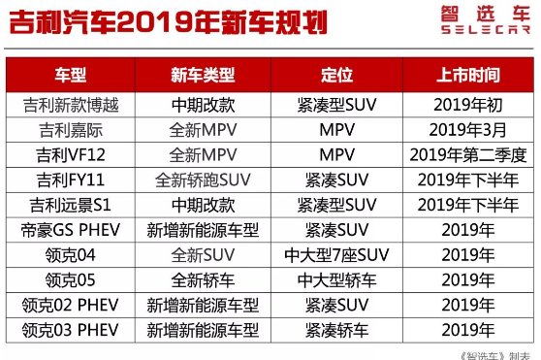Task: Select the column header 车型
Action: tap(70, 75)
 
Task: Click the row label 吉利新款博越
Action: tap(70, 104)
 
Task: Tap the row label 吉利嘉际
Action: tap(70, 129)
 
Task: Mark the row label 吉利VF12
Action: tap(70, 154)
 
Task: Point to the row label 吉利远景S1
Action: tap(70, 205)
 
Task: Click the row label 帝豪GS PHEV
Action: tap(70, 230)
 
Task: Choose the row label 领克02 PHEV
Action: tap(70, 306)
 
